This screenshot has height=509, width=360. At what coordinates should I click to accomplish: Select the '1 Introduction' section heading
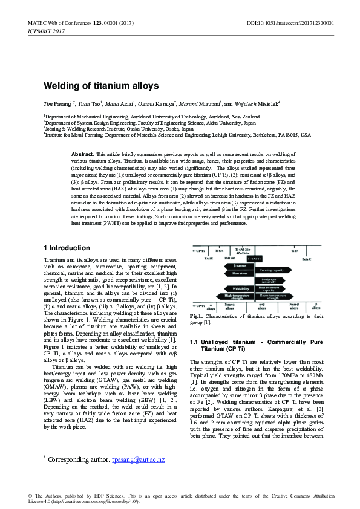tap(67, 248)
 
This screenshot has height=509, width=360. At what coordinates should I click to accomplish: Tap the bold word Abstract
tap(82, 155)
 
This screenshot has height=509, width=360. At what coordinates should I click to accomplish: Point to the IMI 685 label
tap(229, 259)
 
